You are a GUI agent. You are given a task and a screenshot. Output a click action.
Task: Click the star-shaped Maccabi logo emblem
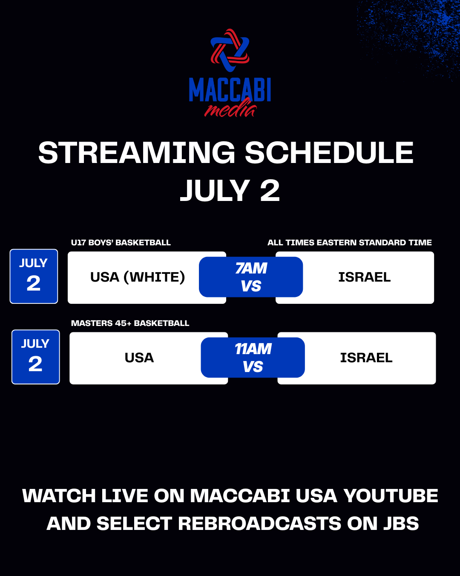230,50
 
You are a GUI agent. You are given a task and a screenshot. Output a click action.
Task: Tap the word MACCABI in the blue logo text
230,90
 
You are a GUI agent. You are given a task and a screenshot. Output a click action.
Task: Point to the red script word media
230,108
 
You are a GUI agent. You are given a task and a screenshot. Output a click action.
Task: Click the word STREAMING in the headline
137,153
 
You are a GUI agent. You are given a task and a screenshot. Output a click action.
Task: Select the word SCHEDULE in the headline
329,153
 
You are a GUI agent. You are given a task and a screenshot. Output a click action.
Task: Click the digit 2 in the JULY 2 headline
270,190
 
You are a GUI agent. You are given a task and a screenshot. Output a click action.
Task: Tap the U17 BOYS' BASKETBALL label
121,242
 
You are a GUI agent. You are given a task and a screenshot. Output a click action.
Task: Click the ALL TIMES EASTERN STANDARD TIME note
350,242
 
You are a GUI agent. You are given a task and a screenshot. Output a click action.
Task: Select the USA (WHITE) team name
138,277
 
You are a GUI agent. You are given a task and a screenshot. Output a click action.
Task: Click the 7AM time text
251,268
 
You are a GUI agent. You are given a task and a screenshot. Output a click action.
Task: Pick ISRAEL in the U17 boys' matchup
365,277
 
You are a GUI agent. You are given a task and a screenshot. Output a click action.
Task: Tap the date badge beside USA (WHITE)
34,276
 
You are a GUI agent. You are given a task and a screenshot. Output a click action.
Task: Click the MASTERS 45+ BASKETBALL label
130,323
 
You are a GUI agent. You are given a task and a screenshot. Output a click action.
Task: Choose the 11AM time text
253,349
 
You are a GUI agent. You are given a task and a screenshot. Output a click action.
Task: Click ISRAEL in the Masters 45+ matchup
366,358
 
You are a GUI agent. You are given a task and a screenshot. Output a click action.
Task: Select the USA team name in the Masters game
139,358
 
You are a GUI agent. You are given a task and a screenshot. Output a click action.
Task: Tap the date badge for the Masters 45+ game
35,357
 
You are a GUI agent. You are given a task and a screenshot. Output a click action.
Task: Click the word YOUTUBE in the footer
391,496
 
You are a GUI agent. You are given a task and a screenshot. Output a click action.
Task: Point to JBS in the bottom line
401,524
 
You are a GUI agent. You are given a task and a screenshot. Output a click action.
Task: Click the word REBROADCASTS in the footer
259,524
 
